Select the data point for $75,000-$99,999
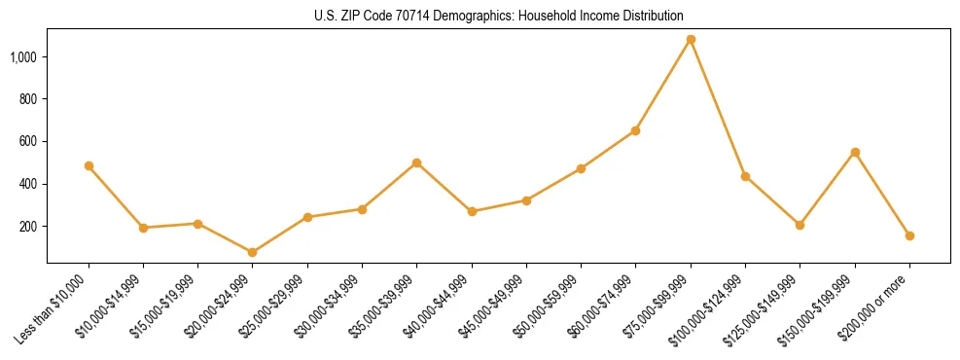[691, 40]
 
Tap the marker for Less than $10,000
[89, 166]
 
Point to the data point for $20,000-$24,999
[253, 252]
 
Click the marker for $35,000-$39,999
[417, 162]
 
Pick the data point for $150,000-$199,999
[855, 152]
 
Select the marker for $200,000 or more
[909, 235]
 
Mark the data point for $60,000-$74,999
[636, 130]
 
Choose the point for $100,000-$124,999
[745, 176]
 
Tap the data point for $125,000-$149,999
[800, 225]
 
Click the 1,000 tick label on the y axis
[23, 57]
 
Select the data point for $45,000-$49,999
[526, 200]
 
